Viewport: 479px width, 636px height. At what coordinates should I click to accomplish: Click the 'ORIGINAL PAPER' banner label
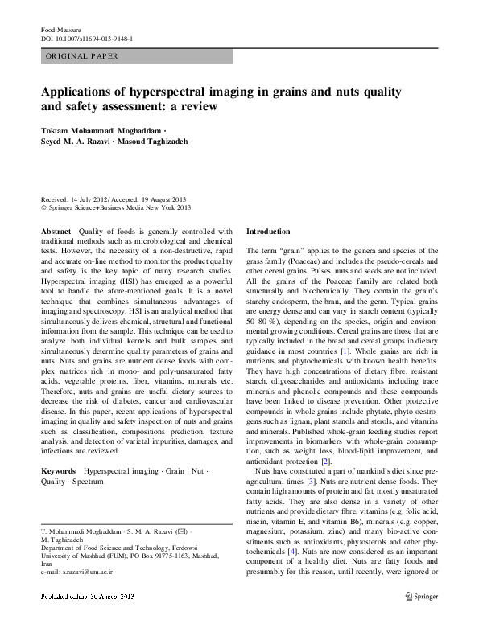[82, 56]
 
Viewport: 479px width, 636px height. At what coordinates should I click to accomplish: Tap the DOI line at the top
[87, 38]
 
